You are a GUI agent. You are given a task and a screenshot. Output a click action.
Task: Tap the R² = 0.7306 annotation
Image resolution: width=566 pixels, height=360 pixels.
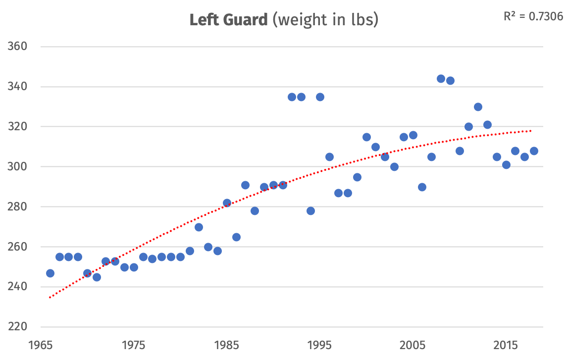pyautogui.click(x=533, y=16)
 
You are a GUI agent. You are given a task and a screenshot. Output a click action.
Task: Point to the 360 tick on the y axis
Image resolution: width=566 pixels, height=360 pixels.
pyautogui.click(x=18, y=47)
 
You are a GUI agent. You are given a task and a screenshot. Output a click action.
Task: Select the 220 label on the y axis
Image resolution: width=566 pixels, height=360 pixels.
pyautogui.click(x=18, y=327)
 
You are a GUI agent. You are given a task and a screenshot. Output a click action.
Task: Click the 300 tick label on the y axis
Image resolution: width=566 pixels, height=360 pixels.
pyautogui.click(x=18, y=167)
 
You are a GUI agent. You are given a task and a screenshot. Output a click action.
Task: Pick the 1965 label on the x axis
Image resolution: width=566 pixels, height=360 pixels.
pyautogui.click(x=41, y=344)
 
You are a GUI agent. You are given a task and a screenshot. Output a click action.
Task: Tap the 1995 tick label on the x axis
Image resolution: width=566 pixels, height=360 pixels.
pyautogui.click(x=320, y=344)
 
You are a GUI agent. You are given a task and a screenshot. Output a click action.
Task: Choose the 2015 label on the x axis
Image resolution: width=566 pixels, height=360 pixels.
pyautogui.click(x=506, y=344)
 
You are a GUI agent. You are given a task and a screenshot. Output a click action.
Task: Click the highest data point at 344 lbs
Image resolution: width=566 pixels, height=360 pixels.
pyautogui.click(x=441, y=79)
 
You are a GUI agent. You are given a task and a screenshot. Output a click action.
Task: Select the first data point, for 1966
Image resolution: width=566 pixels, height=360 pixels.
pyautogui.click(x=50, y=273)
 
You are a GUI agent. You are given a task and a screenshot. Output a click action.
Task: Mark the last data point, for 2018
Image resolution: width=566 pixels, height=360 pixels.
pyautogui.click(x=534, y=151)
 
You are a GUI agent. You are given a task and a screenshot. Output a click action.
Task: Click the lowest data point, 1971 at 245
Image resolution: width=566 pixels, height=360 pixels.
pyautogui.click(x=97, y=277)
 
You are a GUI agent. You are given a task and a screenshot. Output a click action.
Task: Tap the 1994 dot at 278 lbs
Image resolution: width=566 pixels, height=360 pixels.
pyautogui.click(x=310, y=211)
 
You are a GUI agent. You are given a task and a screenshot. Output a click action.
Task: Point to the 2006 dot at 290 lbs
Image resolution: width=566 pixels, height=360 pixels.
pyautogui.click(x=422, y=187)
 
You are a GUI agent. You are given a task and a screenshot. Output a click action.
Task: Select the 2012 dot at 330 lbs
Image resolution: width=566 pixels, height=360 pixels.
pyautogui.click(x=478, y=107)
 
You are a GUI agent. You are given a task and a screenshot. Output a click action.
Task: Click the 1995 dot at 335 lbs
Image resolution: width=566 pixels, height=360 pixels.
pyautogui.click(x=320, y=97)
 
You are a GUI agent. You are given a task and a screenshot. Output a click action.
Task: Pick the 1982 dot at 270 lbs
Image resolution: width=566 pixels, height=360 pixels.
pyautogui.click(x=199, y=227)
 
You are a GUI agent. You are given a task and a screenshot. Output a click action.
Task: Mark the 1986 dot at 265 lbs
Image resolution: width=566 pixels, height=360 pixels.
pyautogui.click(x=236, y=237)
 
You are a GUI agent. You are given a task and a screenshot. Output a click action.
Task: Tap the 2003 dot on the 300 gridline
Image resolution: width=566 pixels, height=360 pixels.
pyautogui.click(x=394, y=167)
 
